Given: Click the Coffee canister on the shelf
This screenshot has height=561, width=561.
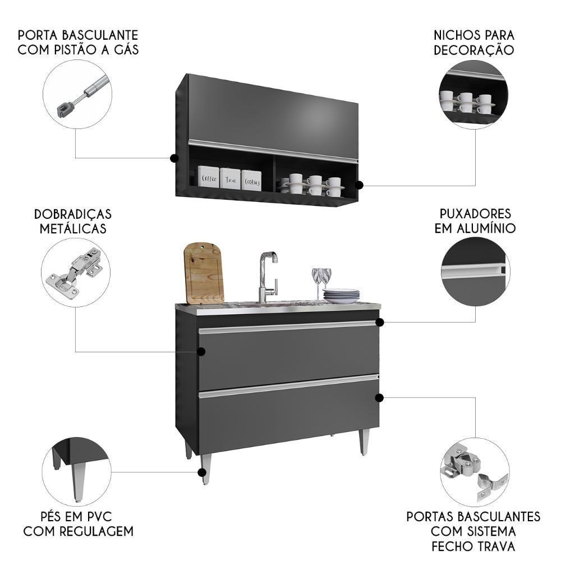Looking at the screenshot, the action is pos(208,176).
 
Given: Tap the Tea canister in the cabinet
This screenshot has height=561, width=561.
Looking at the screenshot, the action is pos(230,178).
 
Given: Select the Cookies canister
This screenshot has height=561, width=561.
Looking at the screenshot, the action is pos(251,180).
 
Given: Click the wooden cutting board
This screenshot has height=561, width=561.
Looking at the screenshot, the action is pos(204,273).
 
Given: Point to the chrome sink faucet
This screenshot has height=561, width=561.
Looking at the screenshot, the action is pos(268,277).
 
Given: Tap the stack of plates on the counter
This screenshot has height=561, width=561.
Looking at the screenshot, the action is pos(341,296).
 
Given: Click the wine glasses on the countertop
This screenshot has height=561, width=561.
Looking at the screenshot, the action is pos(321,283).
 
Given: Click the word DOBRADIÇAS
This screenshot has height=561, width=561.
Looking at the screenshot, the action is pos(72,214).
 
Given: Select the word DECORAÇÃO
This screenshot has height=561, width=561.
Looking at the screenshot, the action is pos(473,50).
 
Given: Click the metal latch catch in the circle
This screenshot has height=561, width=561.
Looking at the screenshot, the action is pos(474,471).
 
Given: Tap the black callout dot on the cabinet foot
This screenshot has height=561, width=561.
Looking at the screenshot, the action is pos(202,472).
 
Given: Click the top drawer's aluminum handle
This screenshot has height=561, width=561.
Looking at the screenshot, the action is pos(288,327).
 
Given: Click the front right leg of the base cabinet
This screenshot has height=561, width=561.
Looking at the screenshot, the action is pos(364,442).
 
